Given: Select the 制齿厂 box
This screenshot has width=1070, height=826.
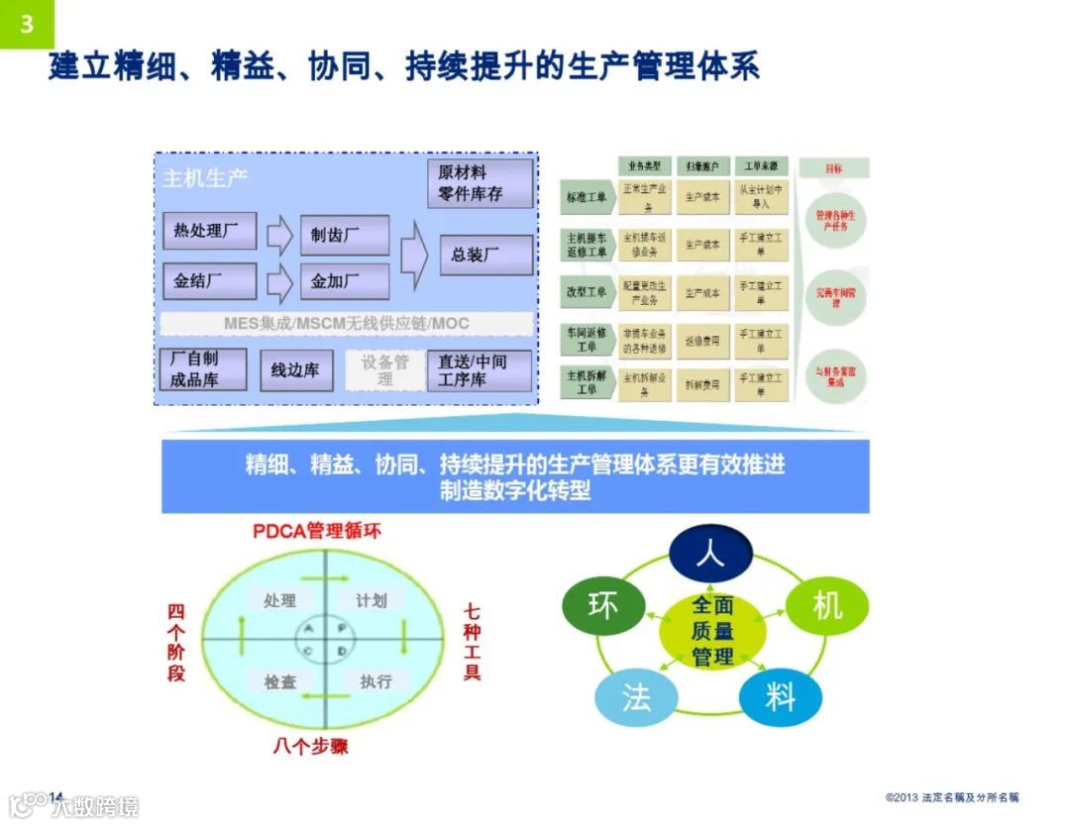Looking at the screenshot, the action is click(x=343, y=235).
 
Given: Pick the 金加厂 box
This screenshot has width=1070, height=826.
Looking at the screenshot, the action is click(x=343, y=281).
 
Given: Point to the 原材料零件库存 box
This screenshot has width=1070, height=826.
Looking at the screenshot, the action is click(x=480, y=183).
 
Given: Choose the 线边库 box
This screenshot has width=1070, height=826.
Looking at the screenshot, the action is click(x=295, y=369).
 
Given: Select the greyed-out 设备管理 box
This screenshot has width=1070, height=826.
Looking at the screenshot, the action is click(x=384, y=369).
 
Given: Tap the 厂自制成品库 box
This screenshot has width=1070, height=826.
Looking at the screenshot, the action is click(x=201, y=369).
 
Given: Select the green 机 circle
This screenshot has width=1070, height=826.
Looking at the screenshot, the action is click(x=826, y=605).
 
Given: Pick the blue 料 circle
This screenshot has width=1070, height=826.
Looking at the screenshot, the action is click(x=781, y=697).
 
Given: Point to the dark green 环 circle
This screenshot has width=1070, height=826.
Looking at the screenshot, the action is click(x=602, y=605).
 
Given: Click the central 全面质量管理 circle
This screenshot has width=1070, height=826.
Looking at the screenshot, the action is click(x=712, y=630).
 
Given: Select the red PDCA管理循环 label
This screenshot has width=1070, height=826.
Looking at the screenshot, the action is click(x=316, y=531).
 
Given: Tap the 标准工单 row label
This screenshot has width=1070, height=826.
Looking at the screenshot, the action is click(x=586, y=196).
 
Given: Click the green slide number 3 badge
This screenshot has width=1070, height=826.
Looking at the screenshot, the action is click(x=27, y=24).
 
